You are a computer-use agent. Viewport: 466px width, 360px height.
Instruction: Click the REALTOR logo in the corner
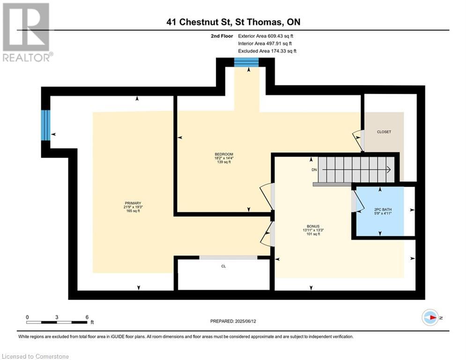pyautogui.click(x=27, y=32)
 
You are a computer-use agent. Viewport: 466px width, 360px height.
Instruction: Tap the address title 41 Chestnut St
pyautogui.click(x=233, y=22)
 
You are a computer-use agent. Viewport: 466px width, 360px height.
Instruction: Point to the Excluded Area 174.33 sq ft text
pyautogui.click(x=267, y=51)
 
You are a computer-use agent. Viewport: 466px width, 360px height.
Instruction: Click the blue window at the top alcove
pyautogui.click(x=246, y=62)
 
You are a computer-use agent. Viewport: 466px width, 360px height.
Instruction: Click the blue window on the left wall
pyautogui.click(x=45, y=125)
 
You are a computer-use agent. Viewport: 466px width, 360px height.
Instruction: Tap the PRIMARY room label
pyautogui.click(x=133, y=207)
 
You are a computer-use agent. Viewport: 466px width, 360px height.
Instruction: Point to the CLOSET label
pyautogui.click(x=384, y=132)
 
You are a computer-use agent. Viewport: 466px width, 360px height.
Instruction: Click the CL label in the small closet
pyautogui.click(x=223, y=266)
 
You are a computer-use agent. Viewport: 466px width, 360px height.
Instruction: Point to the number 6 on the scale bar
pyautogui.click(x=87, y=317)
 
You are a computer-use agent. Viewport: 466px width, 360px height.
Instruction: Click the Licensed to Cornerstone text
pyautogui.click(x=36, y=356)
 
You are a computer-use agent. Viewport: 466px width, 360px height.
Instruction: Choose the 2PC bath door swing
pyautogui.click(x=359, y=202)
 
